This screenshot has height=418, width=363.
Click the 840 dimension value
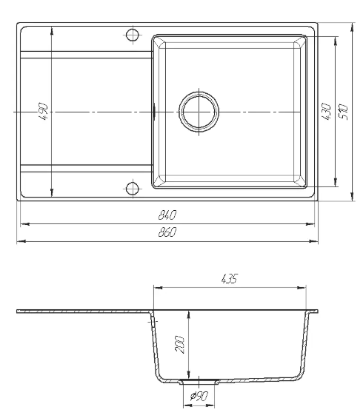(167, 215)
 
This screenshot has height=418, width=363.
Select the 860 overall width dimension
(167, 232)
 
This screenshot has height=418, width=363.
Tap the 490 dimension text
(43, 112)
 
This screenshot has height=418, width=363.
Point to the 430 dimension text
(327, 112)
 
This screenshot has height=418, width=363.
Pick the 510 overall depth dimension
(344, 112)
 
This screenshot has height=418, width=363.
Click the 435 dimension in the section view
(229, 279)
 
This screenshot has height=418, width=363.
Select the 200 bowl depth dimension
(179, 345)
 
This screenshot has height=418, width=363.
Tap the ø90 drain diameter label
(199, 396)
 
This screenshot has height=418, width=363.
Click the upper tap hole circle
(133, 35)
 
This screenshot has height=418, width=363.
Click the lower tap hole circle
(133, 189)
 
